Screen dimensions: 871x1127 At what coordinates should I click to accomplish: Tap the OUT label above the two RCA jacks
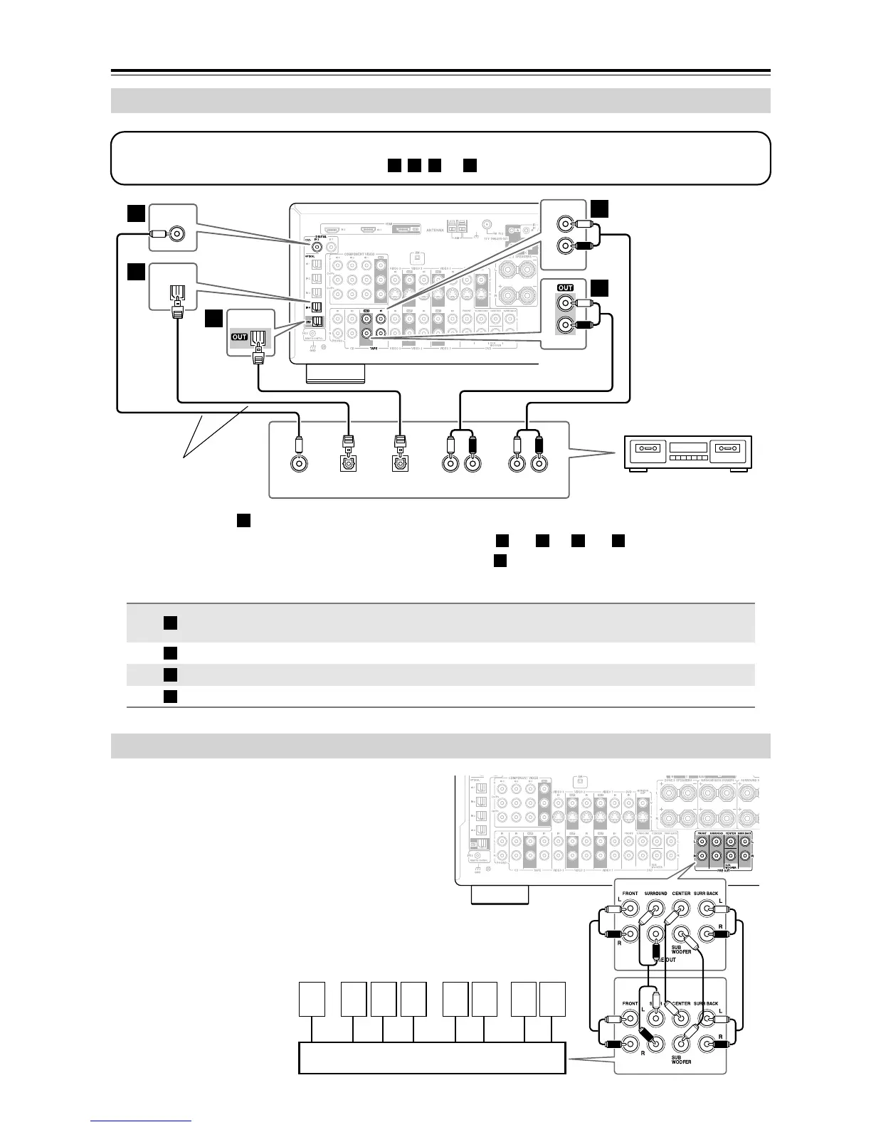coord(565,287)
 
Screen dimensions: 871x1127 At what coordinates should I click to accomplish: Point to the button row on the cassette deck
coord(687,462)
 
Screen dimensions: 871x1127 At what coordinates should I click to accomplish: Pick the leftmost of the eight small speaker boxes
coord(312,998)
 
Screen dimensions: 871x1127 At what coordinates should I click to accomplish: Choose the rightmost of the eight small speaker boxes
coord(552,998)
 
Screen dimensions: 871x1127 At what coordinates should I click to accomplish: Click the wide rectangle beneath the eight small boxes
coord(431,1057)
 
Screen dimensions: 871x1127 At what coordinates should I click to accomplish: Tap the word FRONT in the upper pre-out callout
coord(630,893)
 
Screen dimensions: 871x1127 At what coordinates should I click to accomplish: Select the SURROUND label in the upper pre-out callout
coord(655,893)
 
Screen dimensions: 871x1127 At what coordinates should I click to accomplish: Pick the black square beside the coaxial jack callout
coord(136,213)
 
